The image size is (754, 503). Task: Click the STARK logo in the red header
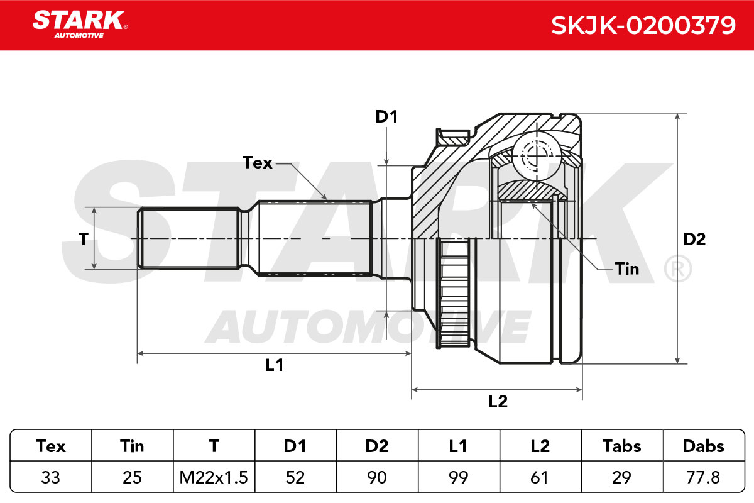click(80, 25)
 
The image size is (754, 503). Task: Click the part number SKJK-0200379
click(643, 26)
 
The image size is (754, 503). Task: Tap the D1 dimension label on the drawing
click(387, 117)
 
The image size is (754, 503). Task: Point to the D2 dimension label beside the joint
click(694, 239)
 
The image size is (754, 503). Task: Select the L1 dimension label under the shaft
click(275, 365)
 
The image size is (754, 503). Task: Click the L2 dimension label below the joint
click(498, 402)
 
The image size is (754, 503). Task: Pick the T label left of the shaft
click(83, 239)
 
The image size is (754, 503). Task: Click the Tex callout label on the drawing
click(257, 163)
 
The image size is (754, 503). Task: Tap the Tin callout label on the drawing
click(627, 269)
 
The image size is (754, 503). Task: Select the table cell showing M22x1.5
click(214, 477)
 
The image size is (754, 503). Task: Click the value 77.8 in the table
click(703, 477)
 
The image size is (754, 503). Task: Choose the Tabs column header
click(621, 446)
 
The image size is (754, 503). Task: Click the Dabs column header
click(704, 446)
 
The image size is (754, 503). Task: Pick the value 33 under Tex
click(50, 477)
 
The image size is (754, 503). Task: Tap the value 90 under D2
click(377, 477)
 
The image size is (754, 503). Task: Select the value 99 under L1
click(459, 477)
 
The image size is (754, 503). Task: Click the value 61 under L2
click(539, 477)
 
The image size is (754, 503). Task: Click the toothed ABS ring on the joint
click(454, 293)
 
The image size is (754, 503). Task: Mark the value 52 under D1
click(295, 477)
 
